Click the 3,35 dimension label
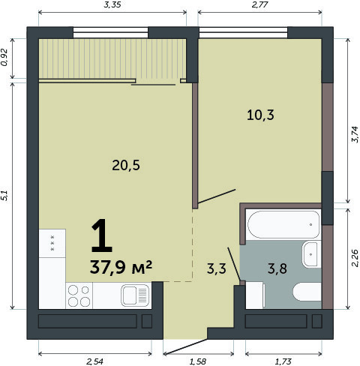coord(112,4)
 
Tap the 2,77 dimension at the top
coord(260,4)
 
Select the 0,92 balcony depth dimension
coord(4,57)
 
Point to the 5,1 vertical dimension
coord(4,195)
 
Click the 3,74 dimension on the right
coord(355,134)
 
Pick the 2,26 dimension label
coord(355,258)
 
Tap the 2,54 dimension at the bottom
coord(94,361)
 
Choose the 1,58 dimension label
coord(198,361)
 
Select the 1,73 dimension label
coord(283,361)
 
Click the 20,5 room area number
coord(126,166)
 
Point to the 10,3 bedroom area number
coord(260,115)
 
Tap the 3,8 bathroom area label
coord(277,269)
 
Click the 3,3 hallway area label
coord(217,268)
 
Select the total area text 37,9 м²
coord(121,267)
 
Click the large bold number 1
coord(102,235)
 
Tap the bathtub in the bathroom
coord(283,224)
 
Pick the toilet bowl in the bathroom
coord(307,292)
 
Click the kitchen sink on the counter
coord(135,295)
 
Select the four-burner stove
coord(79,296)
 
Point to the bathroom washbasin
coord(311,254)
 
